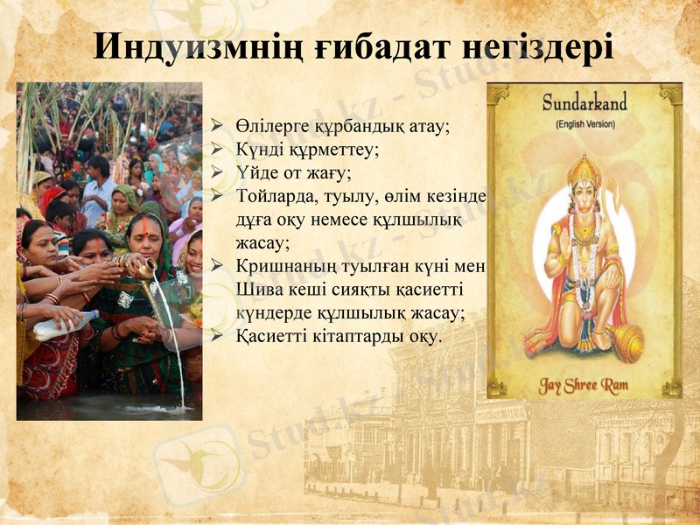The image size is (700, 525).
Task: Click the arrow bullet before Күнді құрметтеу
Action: coord(219,150)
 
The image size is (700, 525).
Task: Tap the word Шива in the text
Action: coord(255,289)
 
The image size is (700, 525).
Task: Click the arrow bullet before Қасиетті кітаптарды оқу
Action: coord(219,336)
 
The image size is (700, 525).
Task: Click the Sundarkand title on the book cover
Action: coord(584,102)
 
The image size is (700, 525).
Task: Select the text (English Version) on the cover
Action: coord(584,124)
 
